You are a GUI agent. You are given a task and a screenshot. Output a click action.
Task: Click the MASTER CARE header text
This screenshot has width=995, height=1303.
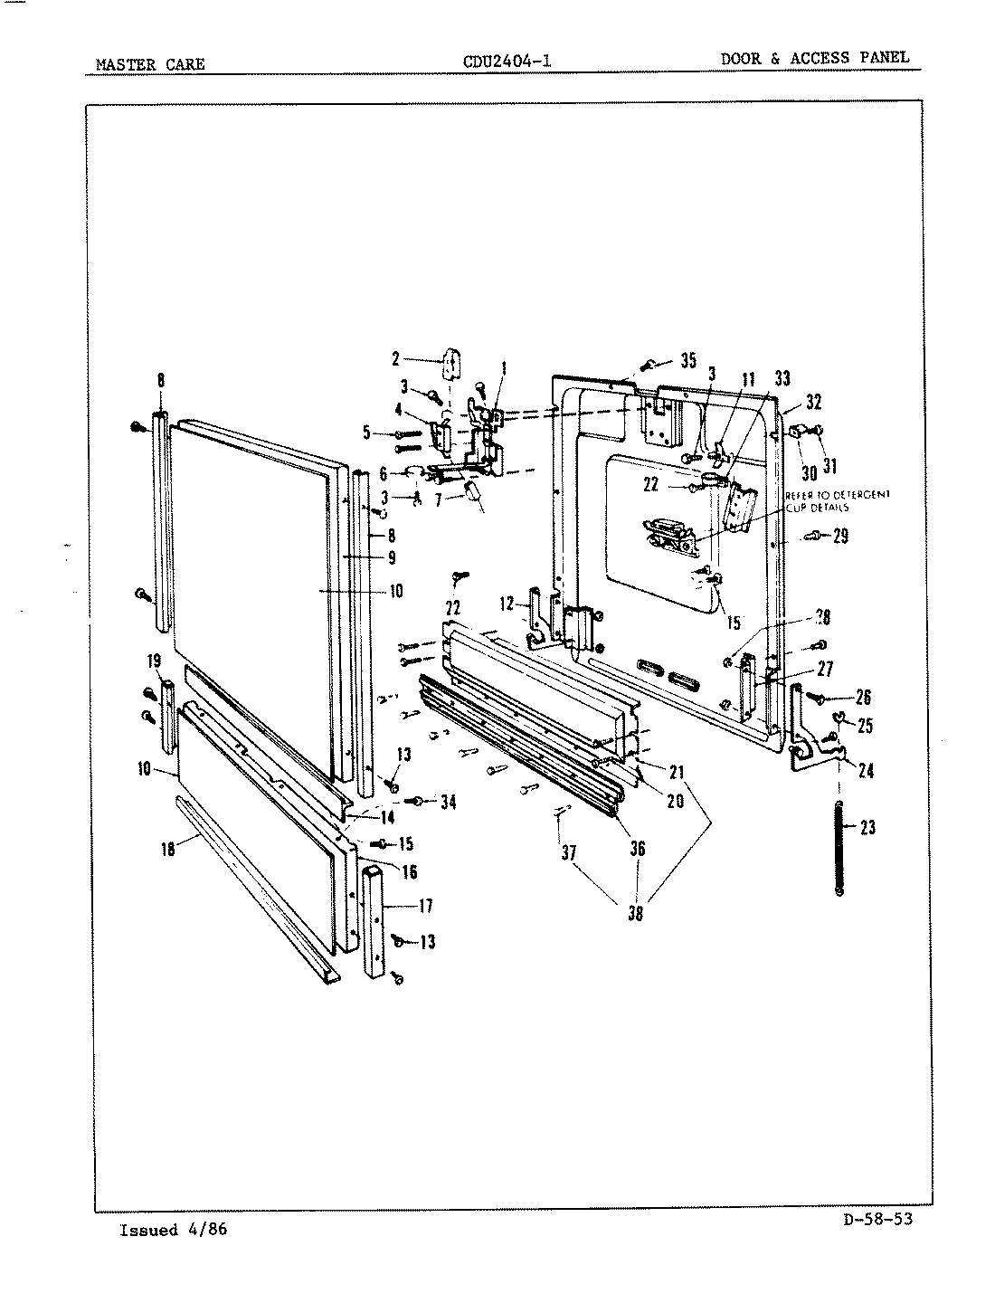point(150,64)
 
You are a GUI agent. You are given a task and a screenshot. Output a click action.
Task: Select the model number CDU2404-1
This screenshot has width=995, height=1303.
point(507,62)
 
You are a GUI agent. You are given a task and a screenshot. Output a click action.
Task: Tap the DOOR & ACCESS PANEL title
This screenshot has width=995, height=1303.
point(814,58)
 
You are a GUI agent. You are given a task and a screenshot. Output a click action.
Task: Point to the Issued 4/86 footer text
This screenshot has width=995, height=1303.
point(173,1230)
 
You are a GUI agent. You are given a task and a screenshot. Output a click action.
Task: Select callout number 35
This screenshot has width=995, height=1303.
point(687,360)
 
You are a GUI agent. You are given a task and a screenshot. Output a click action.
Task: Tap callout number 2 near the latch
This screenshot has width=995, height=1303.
point(395,359)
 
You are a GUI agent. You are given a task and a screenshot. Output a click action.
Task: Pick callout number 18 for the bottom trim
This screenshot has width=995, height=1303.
point(167,850)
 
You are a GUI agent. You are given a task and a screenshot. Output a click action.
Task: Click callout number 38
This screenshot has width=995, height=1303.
point(636,913)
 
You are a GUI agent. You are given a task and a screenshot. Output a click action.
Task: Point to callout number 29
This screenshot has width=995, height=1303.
point(840,537)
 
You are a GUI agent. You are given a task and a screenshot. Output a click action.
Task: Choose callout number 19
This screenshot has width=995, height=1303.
point(155,661)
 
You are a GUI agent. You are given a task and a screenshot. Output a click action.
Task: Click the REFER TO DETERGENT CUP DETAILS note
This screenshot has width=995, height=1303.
point(837,500)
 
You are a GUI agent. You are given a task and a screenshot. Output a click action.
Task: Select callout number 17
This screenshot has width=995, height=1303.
point(425,905)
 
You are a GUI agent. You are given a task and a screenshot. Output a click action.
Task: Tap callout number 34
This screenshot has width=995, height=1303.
point(448,802)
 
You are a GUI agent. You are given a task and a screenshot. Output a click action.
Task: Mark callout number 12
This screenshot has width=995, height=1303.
point(506,604)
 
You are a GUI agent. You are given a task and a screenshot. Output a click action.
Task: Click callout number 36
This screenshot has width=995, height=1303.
point(638,848)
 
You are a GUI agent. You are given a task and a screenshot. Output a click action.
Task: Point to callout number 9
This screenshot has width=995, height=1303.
point(391,558)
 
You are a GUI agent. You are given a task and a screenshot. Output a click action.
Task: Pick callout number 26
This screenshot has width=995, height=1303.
point(863,698)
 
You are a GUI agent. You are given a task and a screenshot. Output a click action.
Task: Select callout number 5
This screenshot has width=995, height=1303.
point(367,433)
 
